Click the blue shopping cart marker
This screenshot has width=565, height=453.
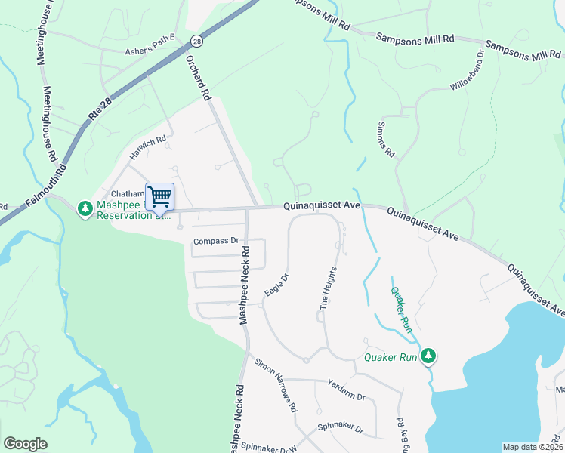tap(159, 197)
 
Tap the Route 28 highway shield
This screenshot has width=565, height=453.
tap(196, 41)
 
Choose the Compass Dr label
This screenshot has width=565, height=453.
tap(216, 242)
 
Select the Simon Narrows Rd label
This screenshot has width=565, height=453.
tap(276, 385)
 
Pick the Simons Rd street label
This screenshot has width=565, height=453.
tap(385, 139)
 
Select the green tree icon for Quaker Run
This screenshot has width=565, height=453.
tap(428, 355)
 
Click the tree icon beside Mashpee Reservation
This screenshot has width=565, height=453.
tap(86, 207)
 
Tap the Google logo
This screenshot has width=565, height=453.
tap(26, 444)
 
